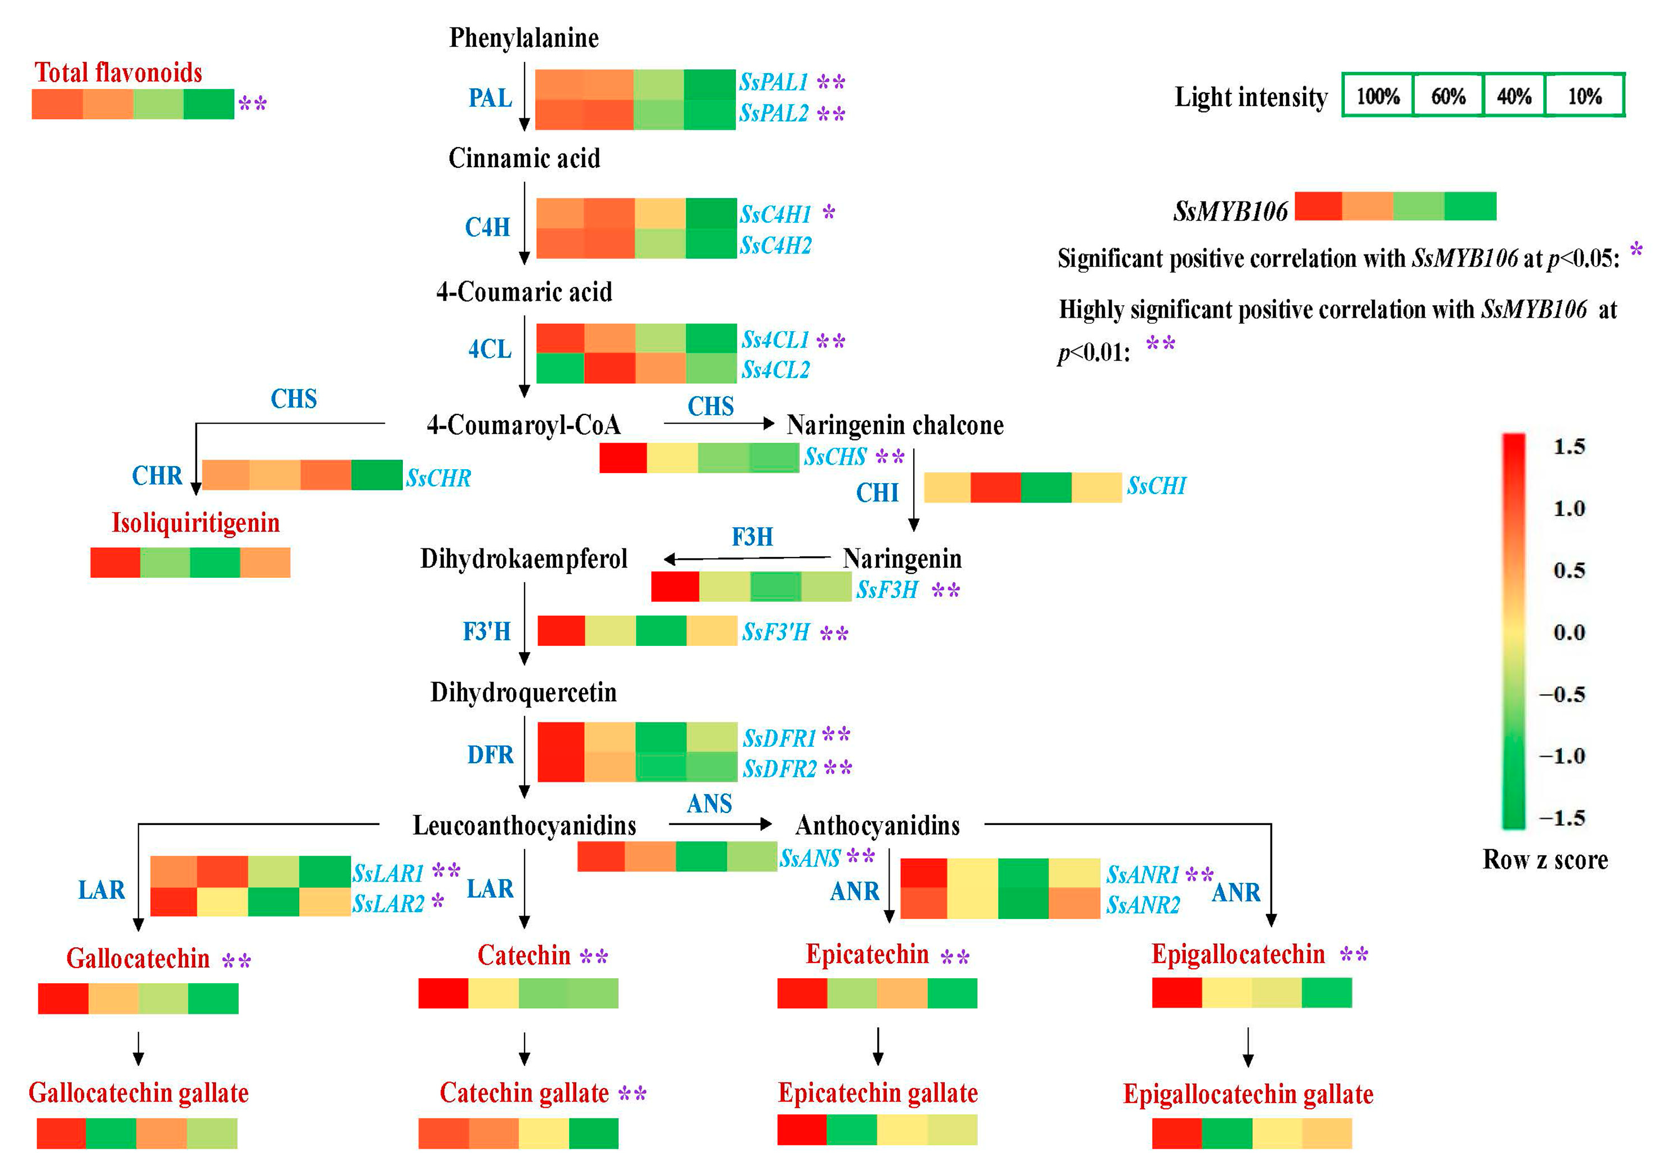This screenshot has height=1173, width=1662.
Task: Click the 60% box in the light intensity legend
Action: pos(1448,96)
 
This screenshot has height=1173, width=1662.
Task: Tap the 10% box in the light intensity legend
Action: pos(1585,96)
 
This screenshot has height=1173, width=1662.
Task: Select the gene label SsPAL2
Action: pos(773,114)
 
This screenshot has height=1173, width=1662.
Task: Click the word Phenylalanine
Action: pos(523,38)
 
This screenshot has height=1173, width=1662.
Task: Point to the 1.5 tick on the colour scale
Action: pos(1568,447)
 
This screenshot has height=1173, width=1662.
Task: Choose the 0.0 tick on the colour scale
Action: pos(1568,632)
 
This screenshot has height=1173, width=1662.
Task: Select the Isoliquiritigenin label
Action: pos(195,523)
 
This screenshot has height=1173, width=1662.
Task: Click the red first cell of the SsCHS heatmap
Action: pos(623,458)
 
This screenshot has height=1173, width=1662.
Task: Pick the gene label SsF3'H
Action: pos(775,632)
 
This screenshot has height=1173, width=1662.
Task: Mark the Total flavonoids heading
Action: pos(118,73)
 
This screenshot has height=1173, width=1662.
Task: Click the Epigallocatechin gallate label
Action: pos(1248,1094)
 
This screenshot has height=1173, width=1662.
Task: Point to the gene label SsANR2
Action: pos(1142,904)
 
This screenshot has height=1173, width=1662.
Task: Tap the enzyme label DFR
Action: pos(490,755)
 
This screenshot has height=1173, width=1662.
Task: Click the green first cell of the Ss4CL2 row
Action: pos(559,368)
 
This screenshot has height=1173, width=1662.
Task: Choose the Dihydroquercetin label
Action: pos(523,693)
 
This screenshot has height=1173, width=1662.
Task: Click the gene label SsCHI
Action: pos(1156,485)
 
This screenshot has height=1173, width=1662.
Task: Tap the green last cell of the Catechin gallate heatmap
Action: pos(594,1133)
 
